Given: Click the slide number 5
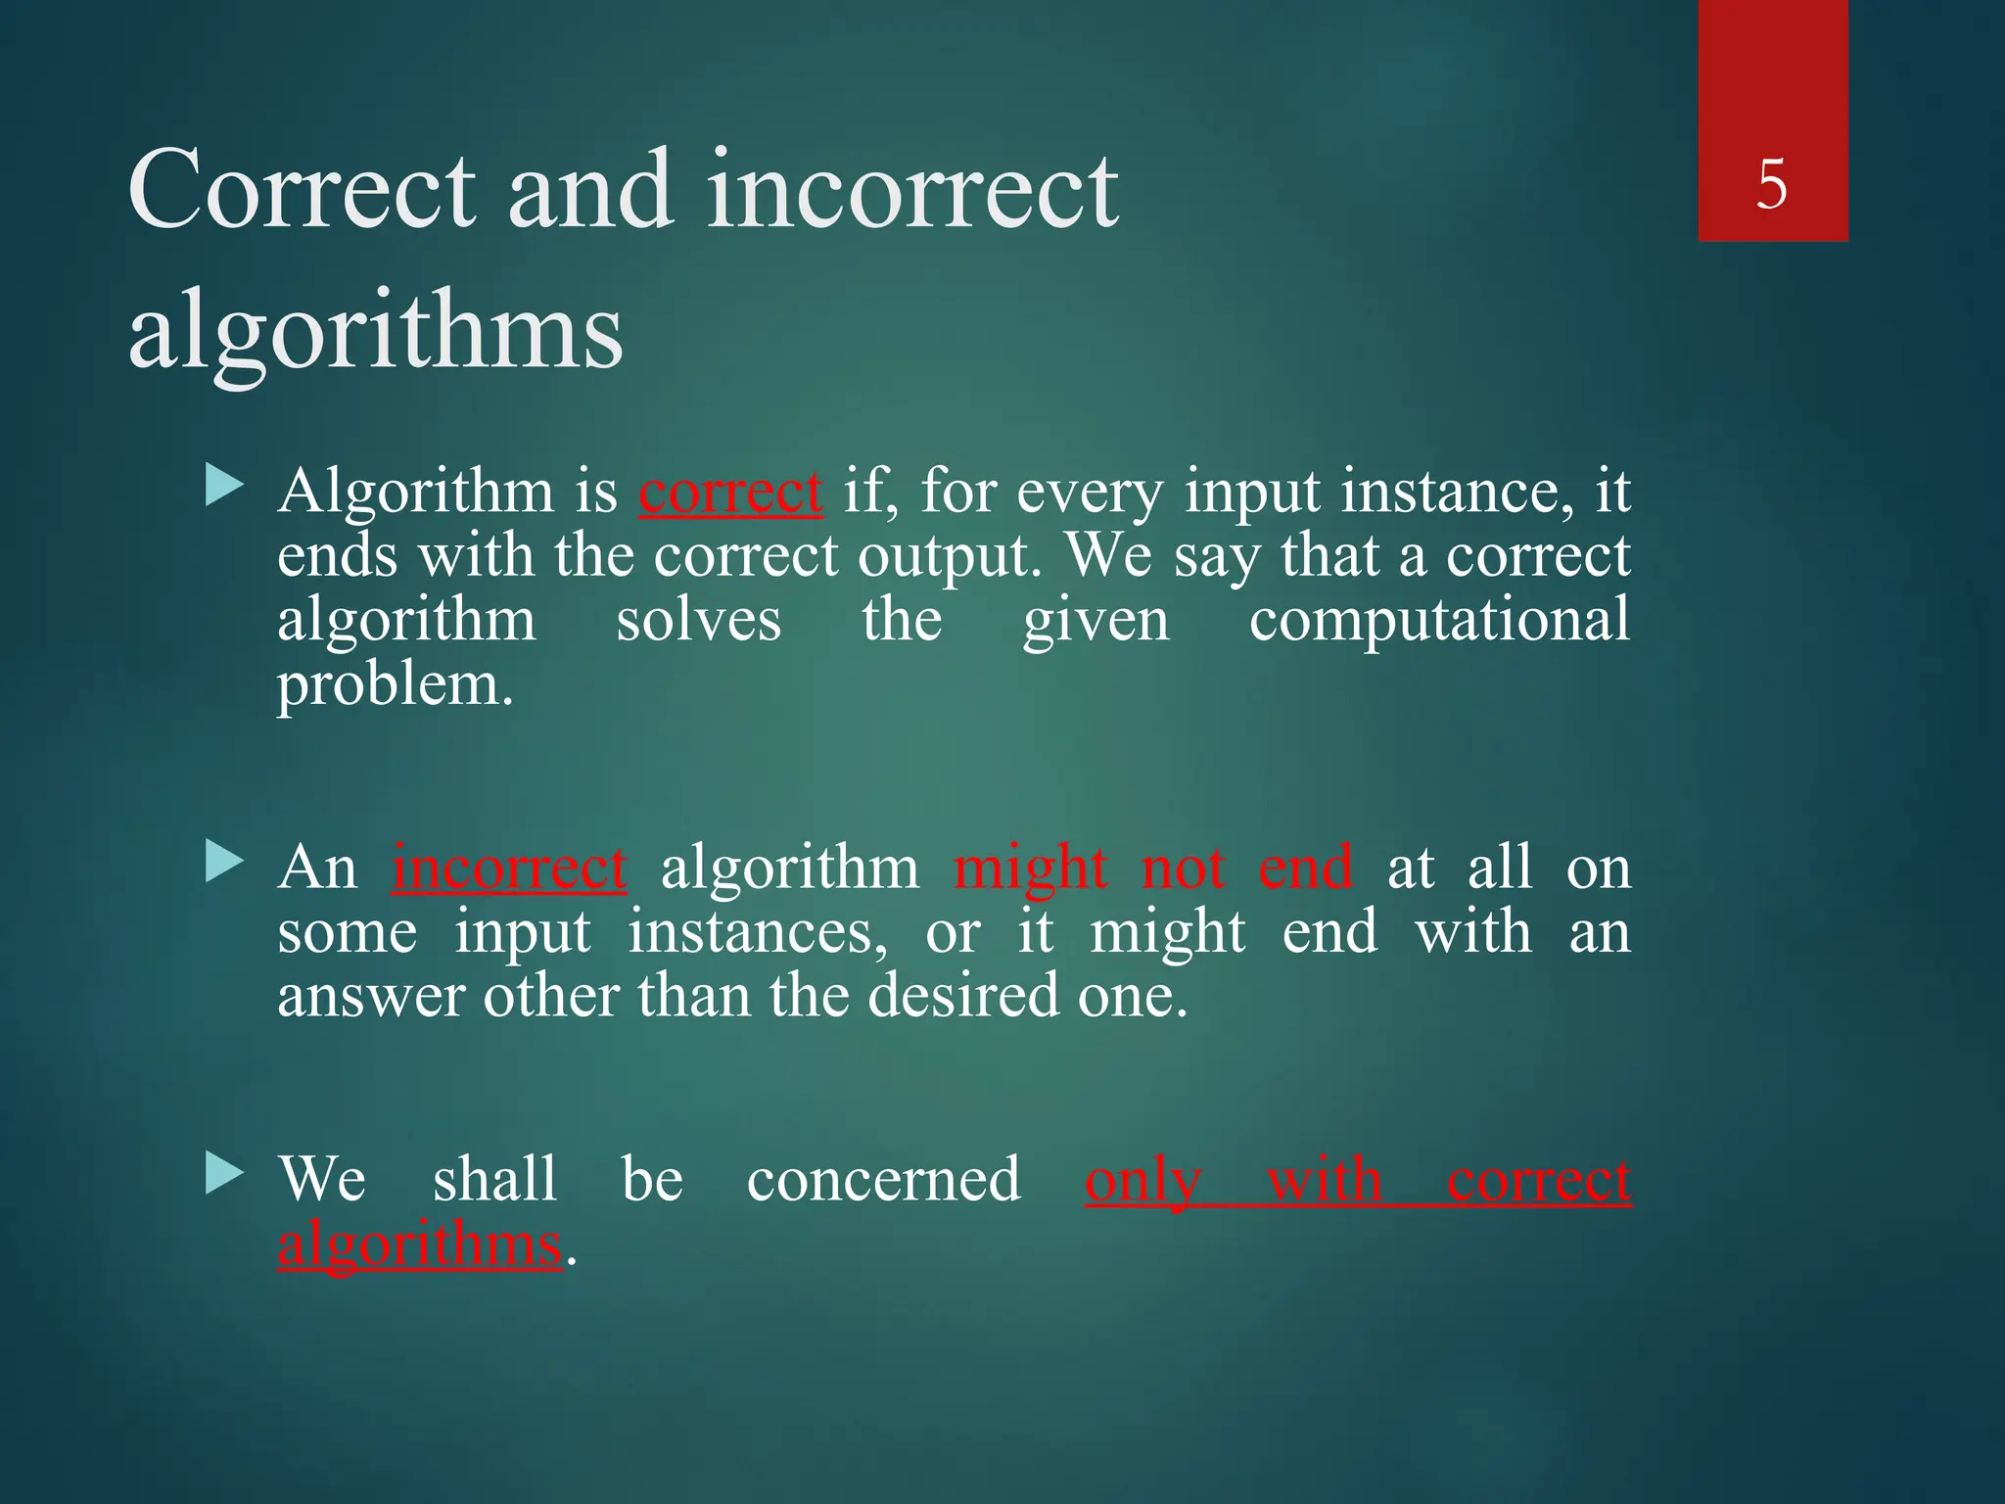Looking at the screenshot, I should click(1772, 184).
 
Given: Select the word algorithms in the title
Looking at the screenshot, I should click(375, 333).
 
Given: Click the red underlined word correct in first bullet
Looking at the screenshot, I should click(730, 491).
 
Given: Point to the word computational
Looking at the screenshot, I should click(1439, 621).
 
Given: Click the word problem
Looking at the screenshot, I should click(395, 685).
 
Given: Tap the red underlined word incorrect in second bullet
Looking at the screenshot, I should click(509, 868).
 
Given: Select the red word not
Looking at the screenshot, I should click(1184, 868).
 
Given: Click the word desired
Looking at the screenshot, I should click(964, 996).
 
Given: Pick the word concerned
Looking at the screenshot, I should click(883, 1179).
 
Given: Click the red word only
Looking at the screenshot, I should click(1142, 1181).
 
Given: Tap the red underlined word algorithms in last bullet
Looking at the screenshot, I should click(420, 1245).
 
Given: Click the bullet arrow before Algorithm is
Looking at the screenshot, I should click(224, 486).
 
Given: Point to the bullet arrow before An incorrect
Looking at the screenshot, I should click(224, 863).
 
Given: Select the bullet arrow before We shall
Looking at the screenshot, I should click(224, 1174).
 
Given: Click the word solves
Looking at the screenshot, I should click(698, 621).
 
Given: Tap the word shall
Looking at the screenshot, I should click(494, 1179).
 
